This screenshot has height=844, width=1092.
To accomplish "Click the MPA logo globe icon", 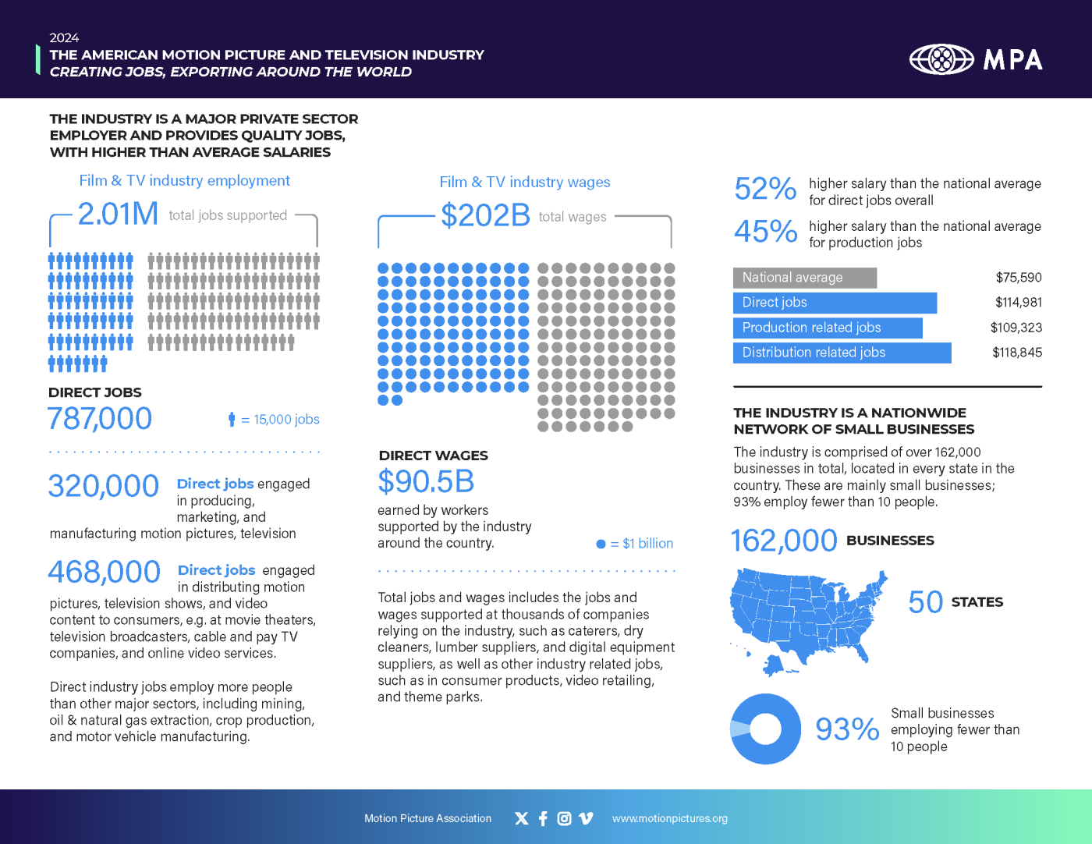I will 941,59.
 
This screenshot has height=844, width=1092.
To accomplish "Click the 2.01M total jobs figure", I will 118,214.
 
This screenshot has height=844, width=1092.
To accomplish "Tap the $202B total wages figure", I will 485,215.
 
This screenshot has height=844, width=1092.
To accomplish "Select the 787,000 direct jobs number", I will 100,419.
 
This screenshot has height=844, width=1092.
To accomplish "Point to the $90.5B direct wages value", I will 426,482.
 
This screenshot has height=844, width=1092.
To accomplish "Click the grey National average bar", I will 804,278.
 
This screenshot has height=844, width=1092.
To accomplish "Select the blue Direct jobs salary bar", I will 834,303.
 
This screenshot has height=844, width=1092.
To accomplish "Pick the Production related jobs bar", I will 827,328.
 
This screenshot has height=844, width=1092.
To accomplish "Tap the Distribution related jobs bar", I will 842,353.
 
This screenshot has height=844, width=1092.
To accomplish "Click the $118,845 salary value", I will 1016,353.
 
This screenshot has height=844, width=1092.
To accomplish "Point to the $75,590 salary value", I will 1018,278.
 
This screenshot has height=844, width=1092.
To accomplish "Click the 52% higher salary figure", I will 764,189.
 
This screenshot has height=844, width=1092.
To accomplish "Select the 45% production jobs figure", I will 764,232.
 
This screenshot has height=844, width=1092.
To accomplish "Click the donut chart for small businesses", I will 765,729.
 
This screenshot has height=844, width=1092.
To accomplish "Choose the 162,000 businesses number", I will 783,541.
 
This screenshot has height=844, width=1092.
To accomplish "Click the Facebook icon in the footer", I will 543,818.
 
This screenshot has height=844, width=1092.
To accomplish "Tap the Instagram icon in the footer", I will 564,818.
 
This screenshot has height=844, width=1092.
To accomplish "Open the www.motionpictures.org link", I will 669,818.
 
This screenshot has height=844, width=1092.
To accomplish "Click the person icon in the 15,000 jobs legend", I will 232,420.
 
